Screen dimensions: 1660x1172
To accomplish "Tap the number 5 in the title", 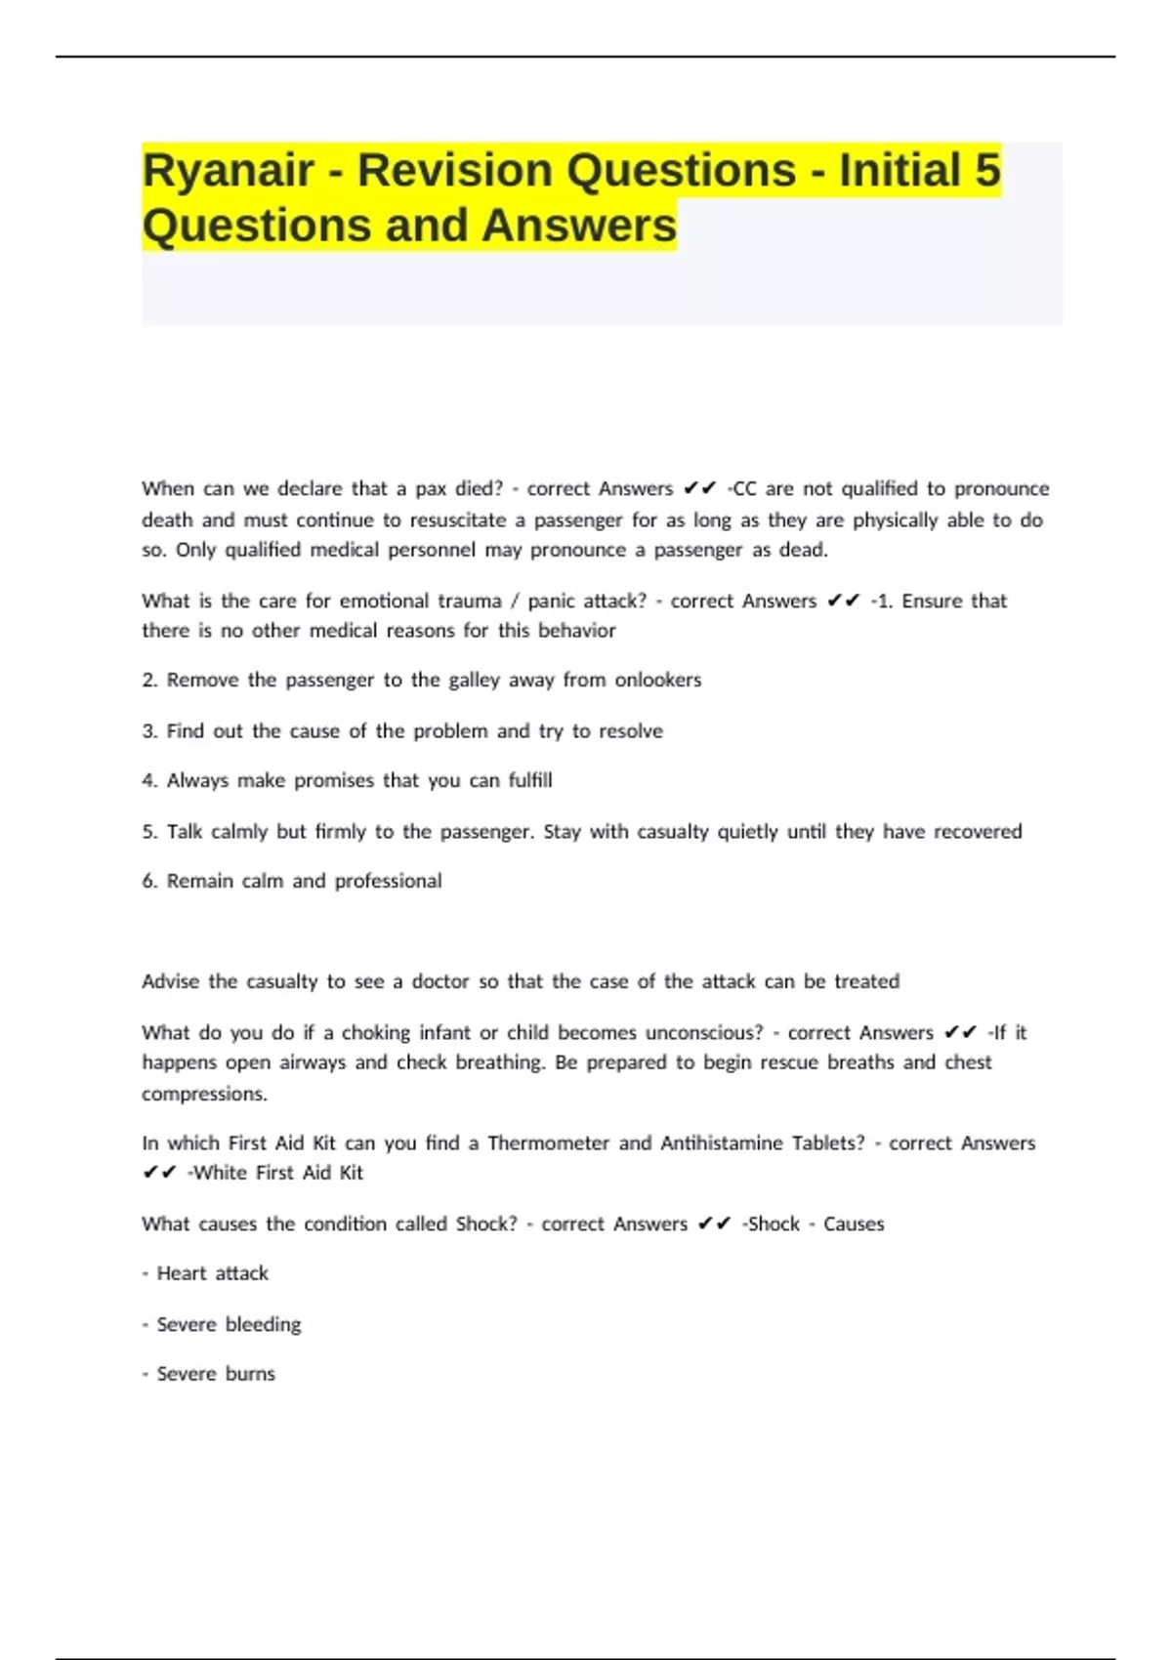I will pyautogui.click(x=987, y=171).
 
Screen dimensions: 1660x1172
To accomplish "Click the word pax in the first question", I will pyautogui.click(x=431, y=488).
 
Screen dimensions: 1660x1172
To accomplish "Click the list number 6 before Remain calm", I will pyautogui.click(x=148, y=881).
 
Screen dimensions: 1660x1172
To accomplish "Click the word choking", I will pyautogui.click(x=376, y=1032).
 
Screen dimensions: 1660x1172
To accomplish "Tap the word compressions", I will pyautogui.click(x=204, y=1094).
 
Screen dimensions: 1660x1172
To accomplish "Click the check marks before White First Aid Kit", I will pyautogui.click(x=159, y=1173).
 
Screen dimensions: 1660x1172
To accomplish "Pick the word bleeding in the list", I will pyautogui.click(x=263, y=1324).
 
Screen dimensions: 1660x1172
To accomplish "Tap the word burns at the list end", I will pyautogui.click(x=250, y=1374).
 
